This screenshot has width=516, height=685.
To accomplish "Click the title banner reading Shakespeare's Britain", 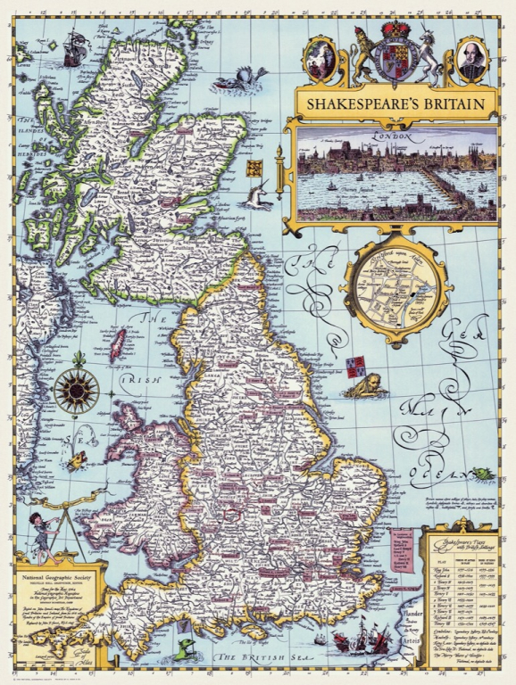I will (x=395, y=103).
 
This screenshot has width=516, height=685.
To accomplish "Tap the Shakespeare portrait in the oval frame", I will (x=471, y=59).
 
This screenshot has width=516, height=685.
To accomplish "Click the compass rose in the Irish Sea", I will (x=76, y=391).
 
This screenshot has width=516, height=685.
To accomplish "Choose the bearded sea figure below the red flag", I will (x=364, y=386).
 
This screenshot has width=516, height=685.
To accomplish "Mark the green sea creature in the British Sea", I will (x=187, y=647).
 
